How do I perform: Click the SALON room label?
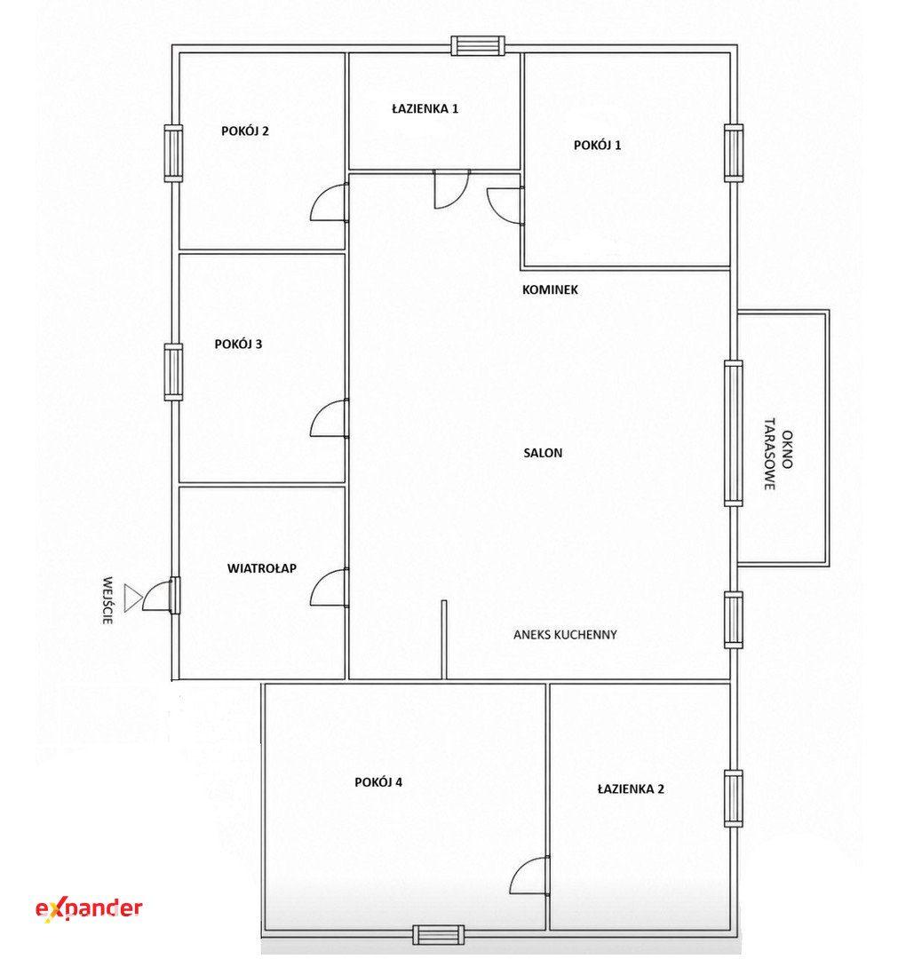(543, 453)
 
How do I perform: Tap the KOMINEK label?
(550, 289)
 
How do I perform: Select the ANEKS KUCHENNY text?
(565, 635)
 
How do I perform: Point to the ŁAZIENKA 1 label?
(425, 109)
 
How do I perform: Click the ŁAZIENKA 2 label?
(631, 789)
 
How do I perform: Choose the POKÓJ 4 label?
(378, 782)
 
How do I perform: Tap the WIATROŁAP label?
(262, 568)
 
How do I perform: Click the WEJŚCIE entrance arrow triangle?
(132, 598)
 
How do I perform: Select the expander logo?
(90, 909)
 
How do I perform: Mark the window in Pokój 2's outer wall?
(174, 153)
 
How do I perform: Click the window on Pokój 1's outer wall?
(734, 153)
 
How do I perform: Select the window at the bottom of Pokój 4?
(438, 934)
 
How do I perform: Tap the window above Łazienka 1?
(479, 46)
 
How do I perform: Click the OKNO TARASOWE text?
(778, 455)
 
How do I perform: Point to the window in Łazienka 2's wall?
(734, 799)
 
